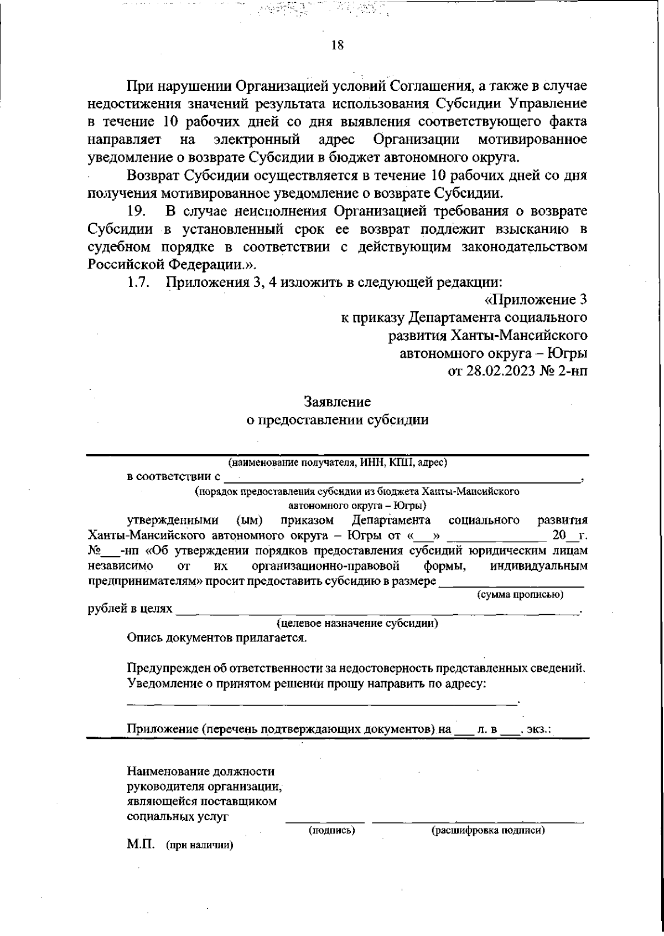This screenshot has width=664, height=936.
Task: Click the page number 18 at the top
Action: point(337,46)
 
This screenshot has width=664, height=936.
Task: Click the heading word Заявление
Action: point(337,401)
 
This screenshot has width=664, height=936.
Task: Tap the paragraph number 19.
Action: point(136,211)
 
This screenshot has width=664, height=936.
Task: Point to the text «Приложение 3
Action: point(535,300)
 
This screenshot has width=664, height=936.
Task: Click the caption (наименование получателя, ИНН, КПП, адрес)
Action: point(338,462)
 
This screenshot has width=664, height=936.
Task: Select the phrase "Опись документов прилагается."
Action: point(217,638)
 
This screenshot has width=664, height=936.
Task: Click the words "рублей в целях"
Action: point(130,609)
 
